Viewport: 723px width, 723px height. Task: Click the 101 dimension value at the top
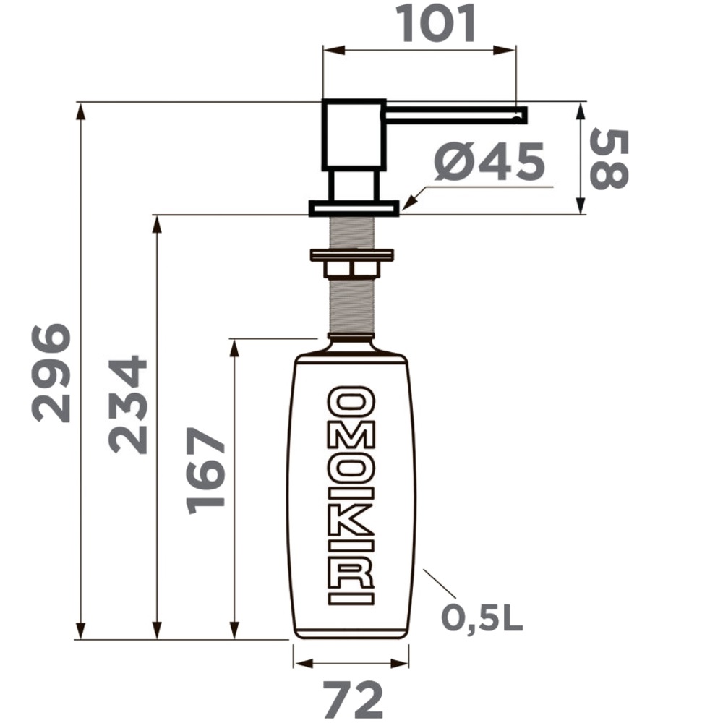(437, 24)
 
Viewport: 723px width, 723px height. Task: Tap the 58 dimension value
(609, 160)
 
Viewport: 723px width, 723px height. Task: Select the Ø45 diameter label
(489, 161)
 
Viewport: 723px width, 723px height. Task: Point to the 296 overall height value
(51, 373)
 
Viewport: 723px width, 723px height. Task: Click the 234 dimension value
(127, 404)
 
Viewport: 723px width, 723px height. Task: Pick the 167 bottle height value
(205, 471)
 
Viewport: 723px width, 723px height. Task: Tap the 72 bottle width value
(353, 699)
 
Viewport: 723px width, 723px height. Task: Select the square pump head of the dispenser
(354, 134)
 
